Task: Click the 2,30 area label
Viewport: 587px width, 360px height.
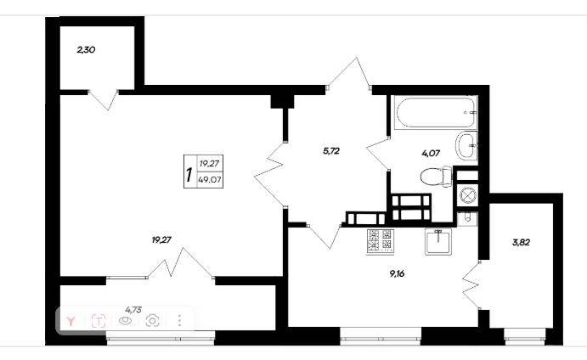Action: pos(86,49)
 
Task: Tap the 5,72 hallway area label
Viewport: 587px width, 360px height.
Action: pos(331,151)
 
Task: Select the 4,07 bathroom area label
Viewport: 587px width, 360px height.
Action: pos(431,153)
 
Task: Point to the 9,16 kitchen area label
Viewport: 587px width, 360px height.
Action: pos(398,273)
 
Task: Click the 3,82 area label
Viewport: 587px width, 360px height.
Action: pos(521,242)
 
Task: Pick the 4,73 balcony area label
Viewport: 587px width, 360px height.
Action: pos(133,309)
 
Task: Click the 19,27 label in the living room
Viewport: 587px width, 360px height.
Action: pos(161,240)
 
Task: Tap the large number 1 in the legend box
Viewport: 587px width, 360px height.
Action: pos(189,175)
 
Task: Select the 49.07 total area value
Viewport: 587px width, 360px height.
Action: pos(210,180)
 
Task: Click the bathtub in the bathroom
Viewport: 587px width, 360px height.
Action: pos(436,112)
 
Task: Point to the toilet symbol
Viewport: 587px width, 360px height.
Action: pos(437,177)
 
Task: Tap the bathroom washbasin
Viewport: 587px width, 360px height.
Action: pos(466,146)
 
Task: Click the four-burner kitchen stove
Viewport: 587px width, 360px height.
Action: pos(381,241)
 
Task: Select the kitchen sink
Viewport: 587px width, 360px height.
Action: pos(438,241)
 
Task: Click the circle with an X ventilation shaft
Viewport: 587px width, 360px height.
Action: pos(467,195)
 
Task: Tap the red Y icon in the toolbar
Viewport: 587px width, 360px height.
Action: pos(71,321)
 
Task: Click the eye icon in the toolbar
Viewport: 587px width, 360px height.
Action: pos(126,321)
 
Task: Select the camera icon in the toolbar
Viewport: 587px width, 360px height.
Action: pos(153,320)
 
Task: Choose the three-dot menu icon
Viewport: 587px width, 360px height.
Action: pos(180,320)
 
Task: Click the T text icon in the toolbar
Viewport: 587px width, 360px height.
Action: pos(99,321)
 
